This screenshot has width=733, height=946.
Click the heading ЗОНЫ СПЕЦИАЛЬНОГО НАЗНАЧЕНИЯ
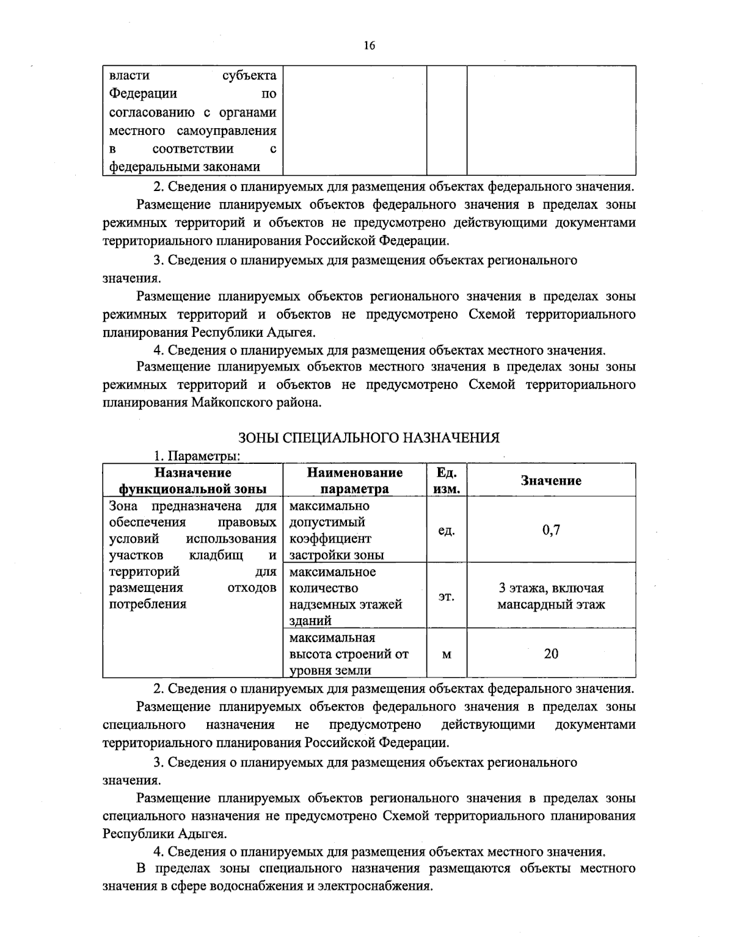pyautogui.click(x=368, y=438)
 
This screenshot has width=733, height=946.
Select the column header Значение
pyautogui.click(x=550, y=481)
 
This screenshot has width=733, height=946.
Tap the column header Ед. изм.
pyautogui.click(x=447, y=481)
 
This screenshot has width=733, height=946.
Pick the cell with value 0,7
pyautogui.click(x=550, y=530)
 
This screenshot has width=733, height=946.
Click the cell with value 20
pyautogui.click(x=550, y=654)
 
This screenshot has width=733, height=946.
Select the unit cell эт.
pyautogui.click(x=447, y=596)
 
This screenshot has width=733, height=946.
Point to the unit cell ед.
pyautogui.click(x=447, y=530)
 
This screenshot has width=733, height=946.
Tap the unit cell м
pyautogui.click(x=447, y=654)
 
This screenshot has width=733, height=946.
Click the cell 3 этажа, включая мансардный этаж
pyautogui.click(x=550, y=596)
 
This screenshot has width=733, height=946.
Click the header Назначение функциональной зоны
pyautogui.click(x=192, y=481)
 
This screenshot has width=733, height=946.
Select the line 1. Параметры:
pyautogui.click(x=196, y=457)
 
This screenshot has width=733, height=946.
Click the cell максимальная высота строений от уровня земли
pyautogui.click(x=349, y=654)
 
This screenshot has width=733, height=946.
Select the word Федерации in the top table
pyautogui.click(x=143, y=94)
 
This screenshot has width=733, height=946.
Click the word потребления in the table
pyautogui.click(x=147, y=604)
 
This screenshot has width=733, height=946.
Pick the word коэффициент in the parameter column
pyautogui.click(x=330, y=539)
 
